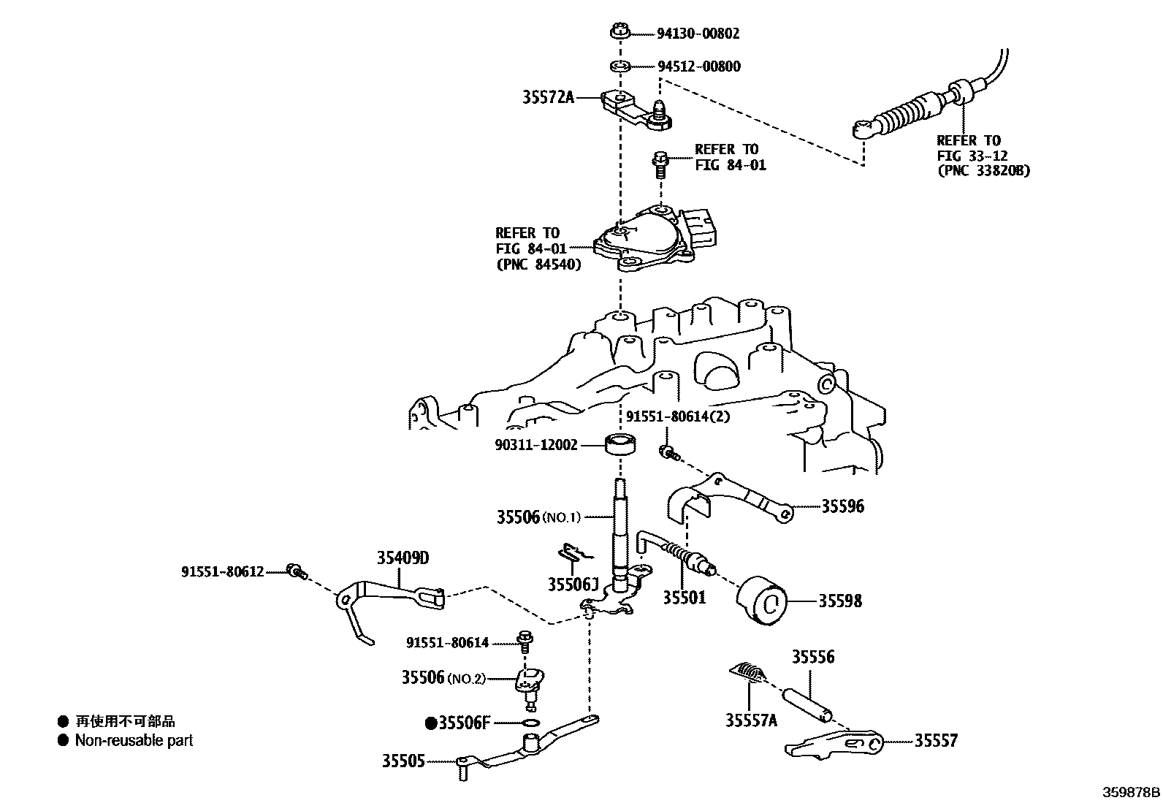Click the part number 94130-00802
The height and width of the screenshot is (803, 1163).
(x=698, y=34)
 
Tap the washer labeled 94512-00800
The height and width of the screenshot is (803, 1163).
(x=620, y=67)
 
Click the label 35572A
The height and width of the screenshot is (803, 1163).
(x=548, y=97)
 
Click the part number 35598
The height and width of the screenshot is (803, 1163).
(x=839, y=601)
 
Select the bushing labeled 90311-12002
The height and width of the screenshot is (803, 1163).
(x=621, y=444)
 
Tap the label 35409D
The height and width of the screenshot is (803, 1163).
(x=403, y=559)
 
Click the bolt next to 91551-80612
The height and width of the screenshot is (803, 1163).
(x=297, y=571)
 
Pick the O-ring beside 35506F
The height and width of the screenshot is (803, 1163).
(x=533, y=724)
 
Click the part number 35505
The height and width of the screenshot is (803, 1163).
(x=403, y=761)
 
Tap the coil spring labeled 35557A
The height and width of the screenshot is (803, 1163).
(x=748, y=671)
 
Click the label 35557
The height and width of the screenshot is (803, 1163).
(x=936, y=741)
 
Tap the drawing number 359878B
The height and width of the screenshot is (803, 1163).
(x=1131, y=792)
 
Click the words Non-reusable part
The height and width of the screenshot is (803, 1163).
(x=134, y=740)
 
